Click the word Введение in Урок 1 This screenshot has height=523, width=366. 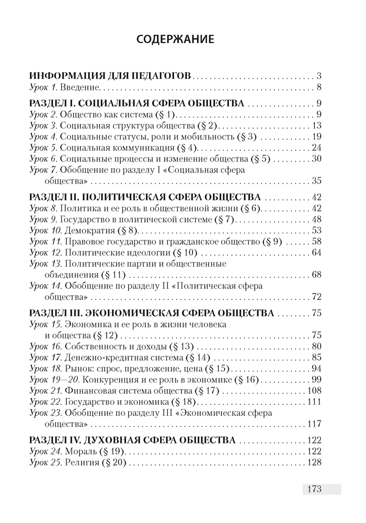(83, 87)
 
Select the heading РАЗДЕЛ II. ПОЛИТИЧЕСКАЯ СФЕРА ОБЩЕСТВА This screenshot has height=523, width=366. (145, 197)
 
